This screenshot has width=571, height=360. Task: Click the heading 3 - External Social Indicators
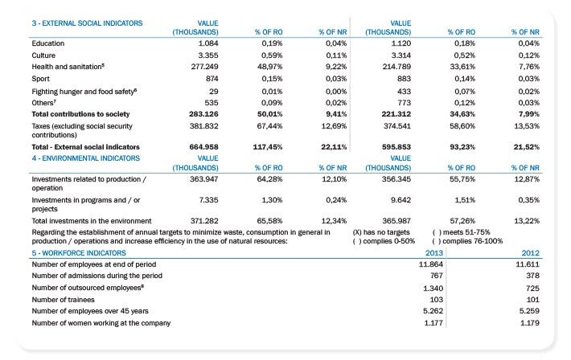(x=87, y=23)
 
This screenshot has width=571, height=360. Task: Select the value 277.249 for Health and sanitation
(x=204, y=67)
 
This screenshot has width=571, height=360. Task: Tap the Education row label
(x=48, y=43)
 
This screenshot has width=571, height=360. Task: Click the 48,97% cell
(x=269, y=67)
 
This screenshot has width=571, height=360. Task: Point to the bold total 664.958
(x=203, y=147)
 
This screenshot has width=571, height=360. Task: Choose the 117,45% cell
(x=268, y=147)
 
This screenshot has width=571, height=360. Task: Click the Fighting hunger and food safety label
(x=84, y=92)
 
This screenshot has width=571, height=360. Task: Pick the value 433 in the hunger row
(x=404, y=92)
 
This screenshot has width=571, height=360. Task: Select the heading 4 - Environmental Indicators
(x=85, y=158)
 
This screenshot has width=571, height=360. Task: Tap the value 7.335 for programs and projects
(x=208, y=200)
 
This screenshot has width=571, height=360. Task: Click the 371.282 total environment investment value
(x=204, y=221)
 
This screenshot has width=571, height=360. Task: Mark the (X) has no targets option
(x=381, y=232)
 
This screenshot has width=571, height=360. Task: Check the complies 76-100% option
(x=467, y=241)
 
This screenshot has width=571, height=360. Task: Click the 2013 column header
(x=434, y=253)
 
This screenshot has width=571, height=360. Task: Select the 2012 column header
(x=531, y=253)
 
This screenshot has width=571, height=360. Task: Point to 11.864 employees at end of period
(x=431, y=264)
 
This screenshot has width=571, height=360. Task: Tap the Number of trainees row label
(x=63, y=300)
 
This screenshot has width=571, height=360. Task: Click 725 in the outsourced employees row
(x=532, y=288)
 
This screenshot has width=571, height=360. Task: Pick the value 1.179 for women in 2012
(x=530, y=323)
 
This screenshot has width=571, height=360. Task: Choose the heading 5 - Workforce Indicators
(x=79, y=253)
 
